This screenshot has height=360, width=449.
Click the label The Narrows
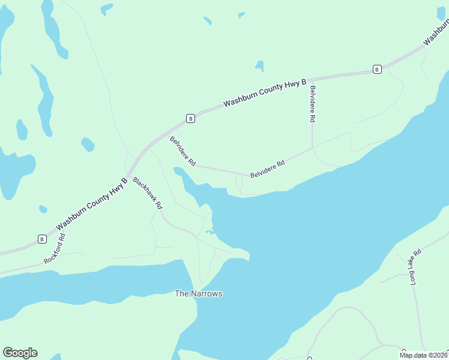coord(198,293)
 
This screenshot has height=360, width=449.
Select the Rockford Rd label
coord(54,249)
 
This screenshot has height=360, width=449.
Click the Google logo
coord(20,353)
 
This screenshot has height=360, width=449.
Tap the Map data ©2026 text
coord(424,355)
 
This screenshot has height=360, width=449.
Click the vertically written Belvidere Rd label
coord(312,104)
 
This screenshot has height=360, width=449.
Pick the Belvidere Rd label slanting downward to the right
coord(183,151)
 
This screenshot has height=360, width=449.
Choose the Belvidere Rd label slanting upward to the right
coord(268,169)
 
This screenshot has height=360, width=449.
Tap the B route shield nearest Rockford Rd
coord(42,239)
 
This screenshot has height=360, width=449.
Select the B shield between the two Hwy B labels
coord(190,118)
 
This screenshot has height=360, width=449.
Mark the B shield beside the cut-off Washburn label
coord(377,69)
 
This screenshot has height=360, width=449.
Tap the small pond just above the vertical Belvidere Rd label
coord(259,65)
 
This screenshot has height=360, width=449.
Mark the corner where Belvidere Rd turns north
coord(312,148)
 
